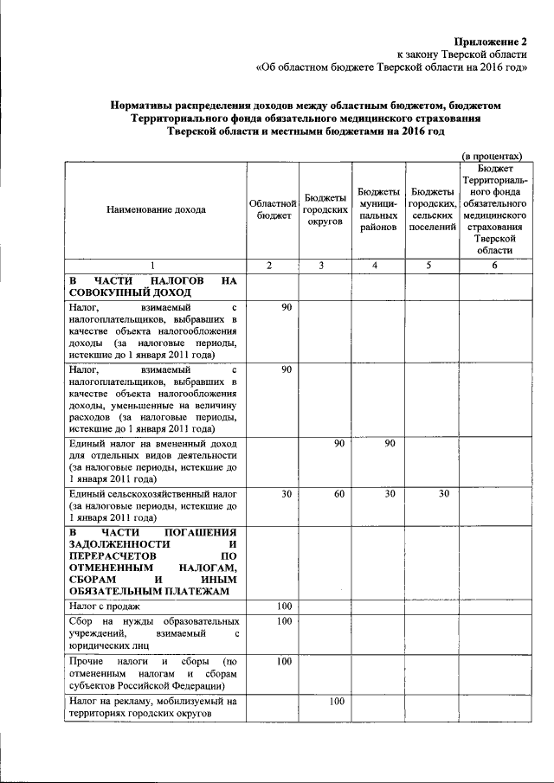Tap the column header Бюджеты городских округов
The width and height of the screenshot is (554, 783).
pos(325,209)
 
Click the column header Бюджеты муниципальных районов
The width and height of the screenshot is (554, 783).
pos(378,209)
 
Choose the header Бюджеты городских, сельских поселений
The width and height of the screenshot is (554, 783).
pos(434,209)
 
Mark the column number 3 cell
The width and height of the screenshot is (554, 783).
pos(325,266)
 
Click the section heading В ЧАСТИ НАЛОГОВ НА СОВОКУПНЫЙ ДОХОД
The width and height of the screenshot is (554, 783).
pos(153,287)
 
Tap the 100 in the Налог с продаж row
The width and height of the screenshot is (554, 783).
pos(284,606)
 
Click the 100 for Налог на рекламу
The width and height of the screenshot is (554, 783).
pos(338,700)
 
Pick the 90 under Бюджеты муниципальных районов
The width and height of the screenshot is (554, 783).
pos(390,444)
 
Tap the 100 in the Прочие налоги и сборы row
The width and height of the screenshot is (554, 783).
pos(284,661)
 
